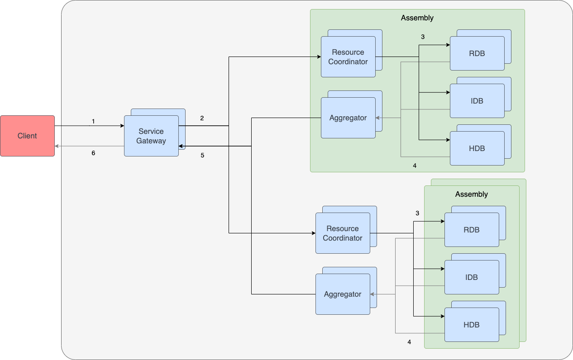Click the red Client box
(27, 136)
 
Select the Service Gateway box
(151, 136)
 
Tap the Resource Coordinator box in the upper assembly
(348, 57)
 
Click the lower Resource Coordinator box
(343, 233)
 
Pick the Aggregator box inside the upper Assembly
(348, 118)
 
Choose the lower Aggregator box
(343, 294)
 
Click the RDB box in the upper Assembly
(477, 53)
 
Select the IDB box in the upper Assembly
(477, 101)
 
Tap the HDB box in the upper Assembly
(477, 148)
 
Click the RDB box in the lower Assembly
(472, 230)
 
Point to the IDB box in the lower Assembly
(472, 277)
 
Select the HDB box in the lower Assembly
(472, 325)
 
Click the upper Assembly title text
(417, 18)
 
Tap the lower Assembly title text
(471, 194)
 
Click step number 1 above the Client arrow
(93, 122)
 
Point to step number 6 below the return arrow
(93, 153)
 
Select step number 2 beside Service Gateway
(202, 118)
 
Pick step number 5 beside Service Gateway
(202, 156)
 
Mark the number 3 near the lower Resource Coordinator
(417, 213)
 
